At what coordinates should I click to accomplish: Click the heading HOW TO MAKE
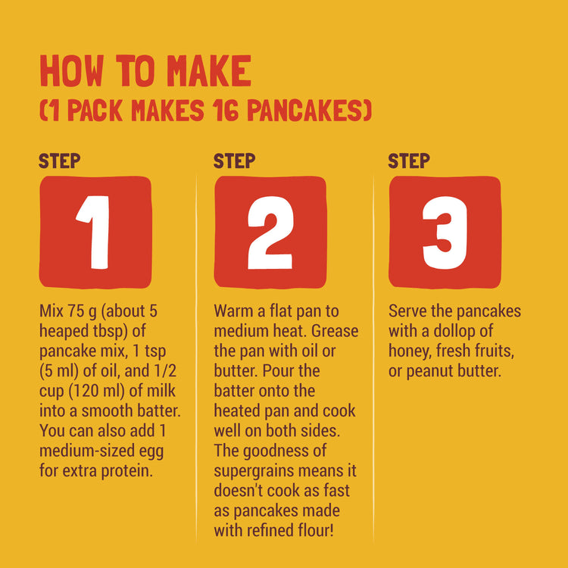(145, 71)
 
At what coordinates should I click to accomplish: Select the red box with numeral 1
(95, 232)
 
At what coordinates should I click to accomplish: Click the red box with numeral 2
(270, 232)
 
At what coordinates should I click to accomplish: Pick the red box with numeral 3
(445, 232)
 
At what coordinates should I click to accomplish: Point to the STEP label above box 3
(409, 161)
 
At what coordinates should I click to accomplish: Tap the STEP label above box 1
(60, 161)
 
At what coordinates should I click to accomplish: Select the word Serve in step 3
(409, 311)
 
